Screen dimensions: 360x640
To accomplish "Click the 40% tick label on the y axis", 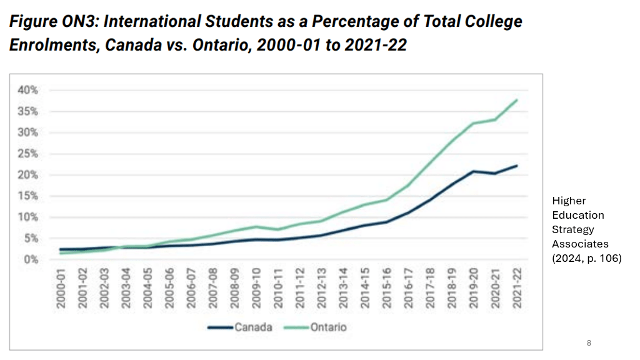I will tap(27, 90).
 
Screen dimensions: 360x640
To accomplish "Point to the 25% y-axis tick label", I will tap(27, 154).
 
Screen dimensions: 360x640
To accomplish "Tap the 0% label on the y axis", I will tap(30, 259).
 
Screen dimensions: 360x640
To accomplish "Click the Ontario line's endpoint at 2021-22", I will tap(517, 100).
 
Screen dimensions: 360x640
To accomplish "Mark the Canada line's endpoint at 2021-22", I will tap(517, 166).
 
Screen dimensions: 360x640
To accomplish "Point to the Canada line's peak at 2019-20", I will tap(473, 171).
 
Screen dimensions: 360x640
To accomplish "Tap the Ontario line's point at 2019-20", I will tap(473, 123).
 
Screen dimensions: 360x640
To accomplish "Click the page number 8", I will tap(589, 343).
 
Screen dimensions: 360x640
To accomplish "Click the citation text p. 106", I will tap(604, 258).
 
